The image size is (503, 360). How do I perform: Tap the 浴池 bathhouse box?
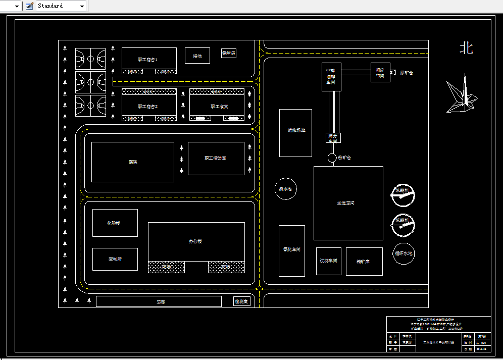(197, 56)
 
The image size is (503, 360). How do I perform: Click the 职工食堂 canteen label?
(220, 107)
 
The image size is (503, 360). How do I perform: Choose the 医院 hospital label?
(133, 162)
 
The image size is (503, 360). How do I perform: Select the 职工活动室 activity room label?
(216, 158)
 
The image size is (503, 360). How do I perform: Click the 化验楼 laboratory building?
(115, 223)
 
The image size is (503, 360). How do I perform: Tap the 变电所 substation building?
(115, 259)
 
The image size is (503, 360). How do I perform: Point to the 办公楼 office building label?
(196, 241)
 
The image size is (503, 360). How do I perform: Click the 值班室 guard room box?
(242, 301)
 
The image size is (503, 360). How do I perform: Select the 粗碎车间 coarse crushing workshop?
(380, 72)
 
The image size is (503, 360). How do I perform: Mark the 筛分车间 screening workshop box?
(332, 138)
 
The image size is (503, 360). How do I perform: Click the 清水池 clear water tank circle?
(285, 189)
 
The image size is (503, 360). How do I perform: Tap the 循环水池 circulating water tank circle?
(404, 253)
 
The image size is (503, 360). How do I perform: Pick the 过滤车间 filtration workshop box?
(328, 261)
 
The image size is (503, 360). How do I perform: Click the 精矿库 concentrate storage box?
(364, 262)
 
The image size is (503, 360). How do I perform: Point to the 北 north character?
(466, 48)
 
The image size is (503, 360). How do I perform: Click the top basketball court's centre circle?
(90, 59)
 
